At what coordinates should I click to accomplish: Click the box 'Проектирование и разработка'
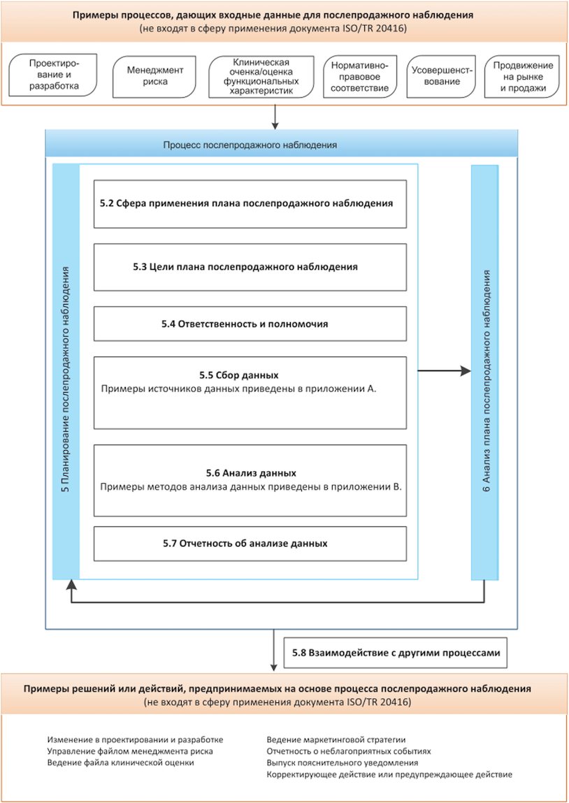53,76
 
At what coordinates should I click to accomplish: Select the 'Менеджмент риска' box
155,76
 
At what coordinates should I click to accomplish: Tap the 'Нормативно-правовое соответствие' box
360,76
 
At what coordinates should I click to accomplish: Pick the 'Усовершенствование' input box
442,76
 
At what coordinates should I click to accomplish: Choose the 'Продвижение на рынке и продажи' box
523,76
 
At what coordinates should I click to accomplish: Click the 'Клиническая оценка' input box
261,76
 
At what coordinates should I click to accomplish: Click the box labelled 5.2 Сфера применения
250,203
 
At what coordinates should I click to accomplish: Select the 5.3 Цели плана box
250,267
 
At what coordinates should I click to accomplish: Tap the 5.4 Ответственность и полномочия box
250,324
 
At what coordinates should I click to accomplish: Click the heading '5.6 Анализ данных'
251,472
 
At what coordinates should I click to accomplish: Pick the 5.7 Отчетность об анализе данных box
250,543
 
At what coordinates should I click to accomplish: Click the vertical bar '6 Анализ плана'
484,372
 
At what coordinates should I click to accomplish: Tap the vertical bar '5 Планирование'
66,372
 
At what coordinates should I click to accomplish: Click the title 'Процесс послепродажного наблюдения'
250,145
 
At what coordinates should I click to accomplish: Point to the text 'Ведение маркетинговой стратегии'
336,739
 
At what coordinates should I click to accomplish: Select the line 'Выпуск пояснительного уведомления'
343,762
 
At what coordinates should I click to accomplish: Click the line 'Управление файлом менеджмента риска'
130,751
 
